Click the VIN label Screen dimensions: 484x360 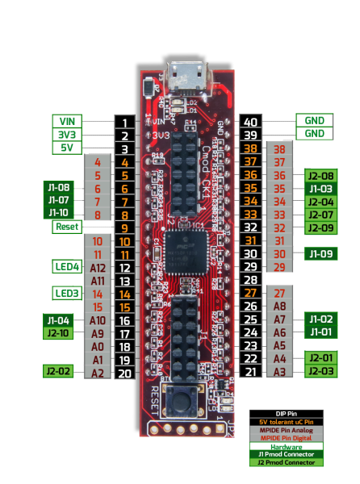tap(66, 121)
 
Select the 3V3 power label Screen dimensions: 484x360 tap(66, 135)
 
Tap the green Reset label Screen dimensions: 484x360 tap(66, 227)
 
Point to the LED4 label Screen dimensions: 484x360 tap(66, 266)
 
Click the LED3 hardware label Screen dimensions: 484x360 tap(66, 293)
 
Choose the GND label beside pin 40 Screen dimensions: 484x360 tap(314, 120)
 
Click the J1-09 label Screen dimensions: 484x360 tap(321, 254)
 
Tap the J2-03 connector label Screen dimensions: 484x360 tap(321, 371)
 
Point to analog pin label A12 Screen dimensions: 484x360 tap(98, 267)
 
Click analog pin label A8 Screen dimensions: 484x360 tap(279, 306)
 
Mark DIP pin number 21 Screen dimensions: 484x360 tap(250, 371)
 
